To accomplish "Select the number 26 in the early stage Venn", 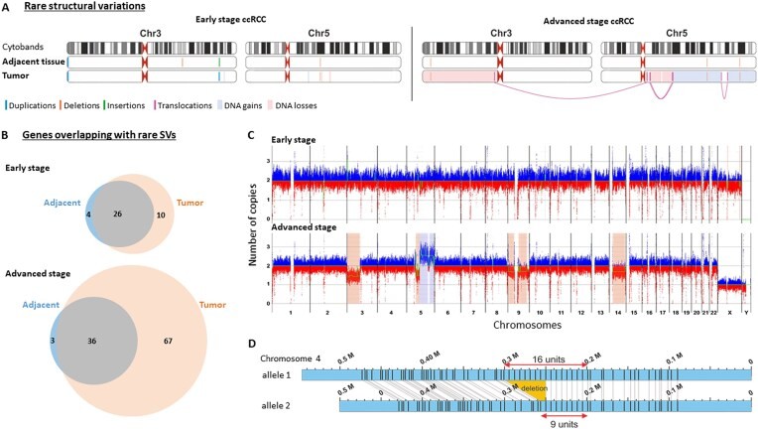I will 76,213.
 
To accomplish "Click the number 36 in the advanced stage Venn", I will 92,339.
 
